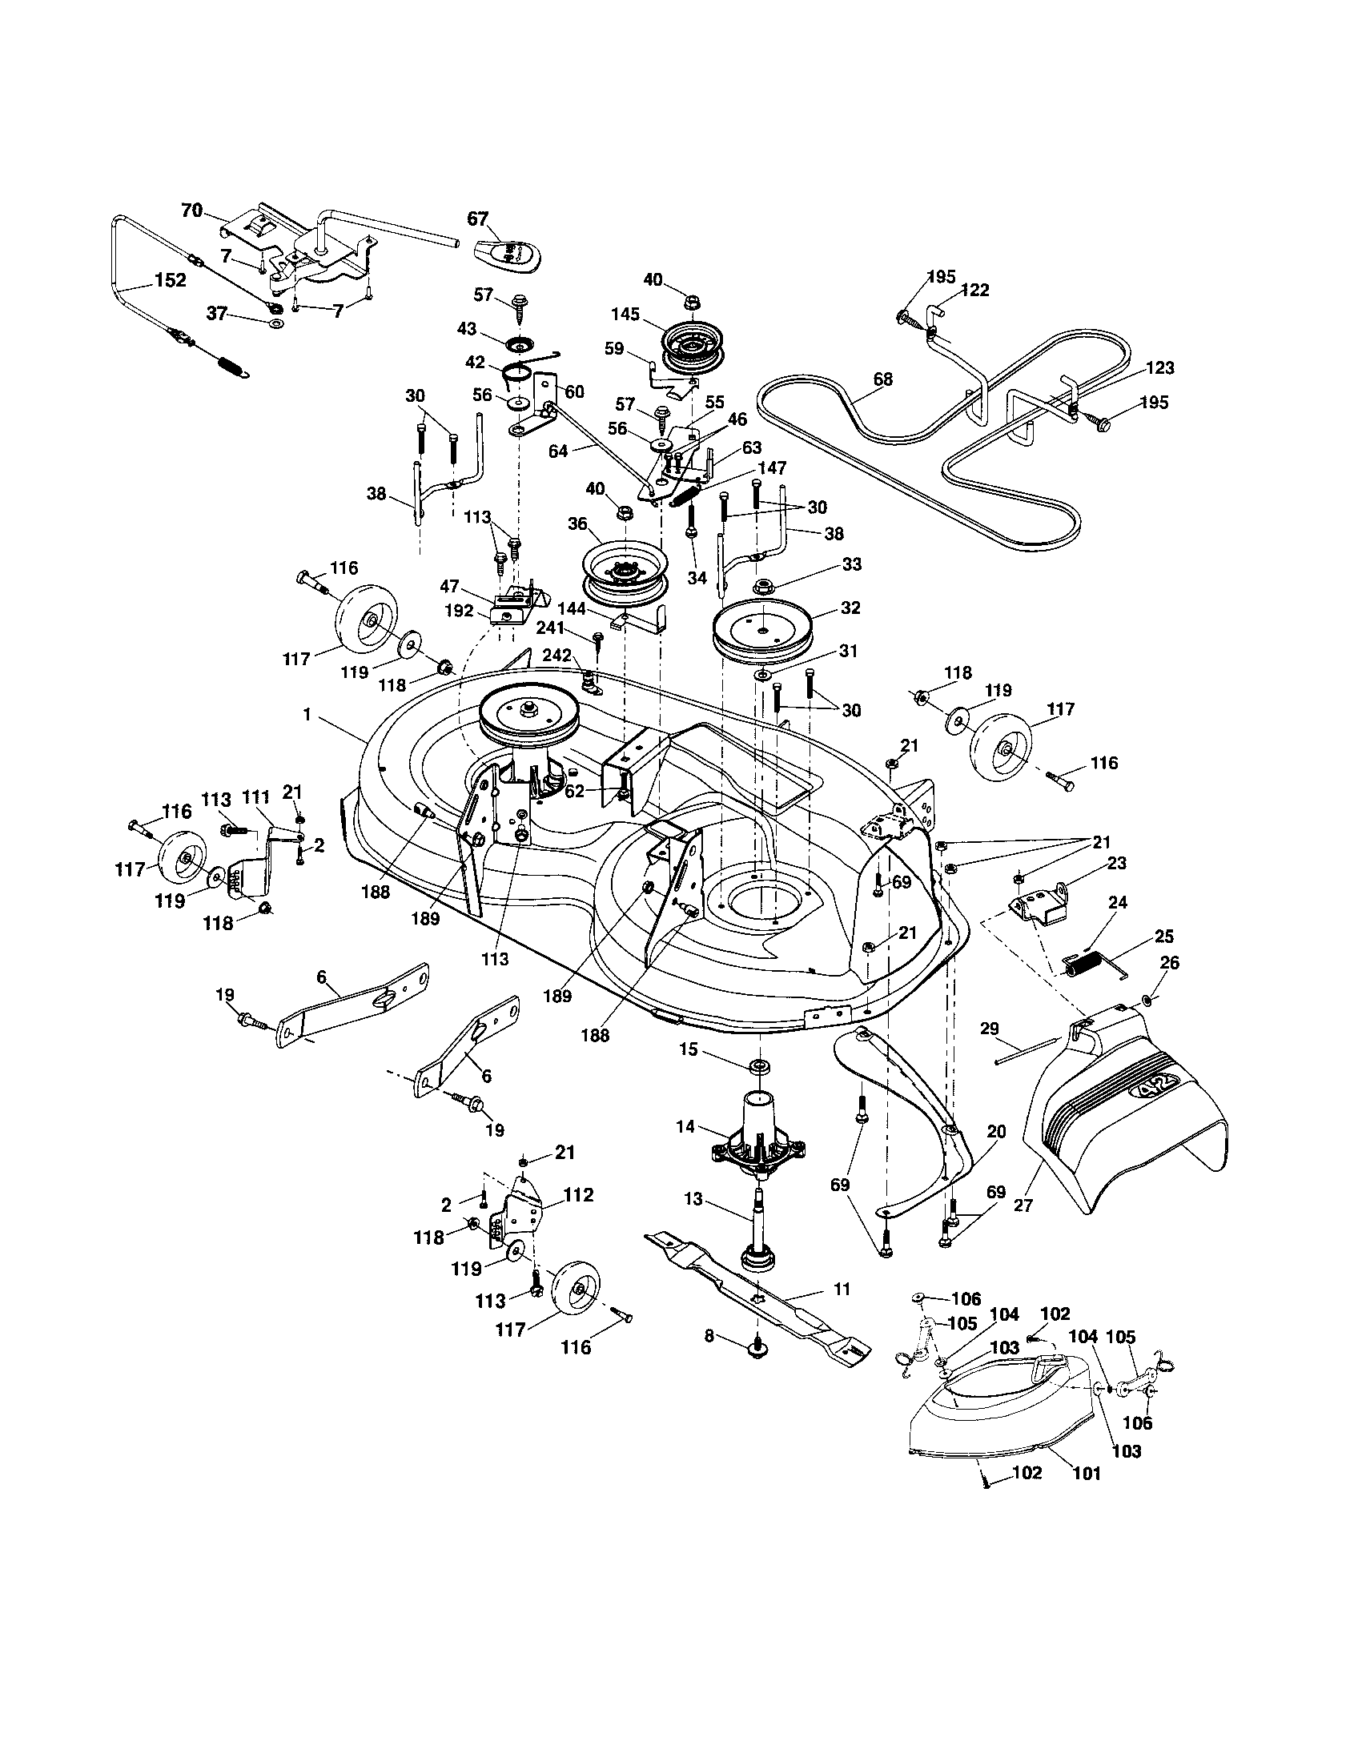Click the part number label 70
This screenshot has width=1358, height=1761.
coord(191,211)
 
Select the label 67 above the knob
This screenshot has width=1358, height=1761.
coord(478,219)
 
